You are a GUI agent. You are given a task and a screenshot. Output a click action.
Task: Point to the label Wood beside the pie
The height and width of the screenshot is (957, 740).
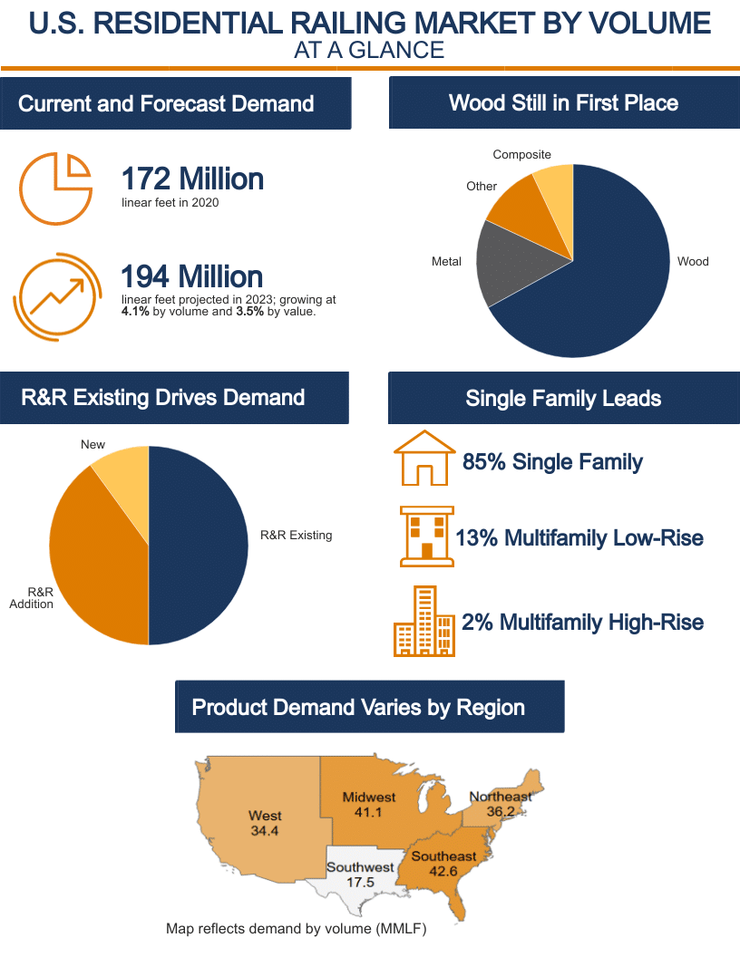[x=693, y=262]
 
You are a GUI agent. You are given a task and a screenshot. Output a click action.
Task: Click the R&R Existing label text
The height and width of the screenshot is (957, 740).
[x=296, y=536]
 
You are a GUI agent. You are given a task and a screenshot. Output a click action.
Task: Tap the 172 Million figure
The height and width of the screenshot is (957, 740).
[x=192, y=179]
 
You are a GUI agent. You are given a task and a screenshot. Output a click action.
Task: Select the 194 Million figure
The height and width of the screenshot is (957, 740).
[x=192, y=275]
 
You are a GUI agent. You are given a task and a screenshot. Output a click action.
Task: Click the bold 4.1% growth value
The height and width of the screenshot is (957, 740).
[x=133, y=311]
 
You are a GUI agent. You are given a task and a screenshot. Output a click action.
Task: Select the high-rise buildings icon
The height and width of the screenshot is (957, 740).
[x=424, y=622]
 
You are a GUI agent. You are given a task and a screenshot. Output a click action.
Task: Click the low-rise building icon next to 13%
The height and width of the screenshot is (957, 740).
[x=426, y=536]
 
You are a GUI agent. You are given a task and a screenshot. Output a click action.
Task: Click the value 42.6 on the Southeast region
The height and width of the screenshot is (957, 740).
[x=443, y=871]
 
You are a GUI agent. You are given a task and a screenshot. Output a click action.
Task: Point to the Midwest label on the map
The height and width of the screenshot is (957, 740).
[x=369, y=797]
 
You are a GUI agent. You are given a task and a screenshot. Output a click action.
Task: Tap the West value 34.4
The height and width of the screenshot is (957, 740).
[x=265, y=830]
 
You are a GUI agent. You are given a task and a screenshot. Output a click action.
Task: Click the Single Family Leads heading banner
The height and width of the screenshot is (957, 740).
[x=563, y=398]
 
